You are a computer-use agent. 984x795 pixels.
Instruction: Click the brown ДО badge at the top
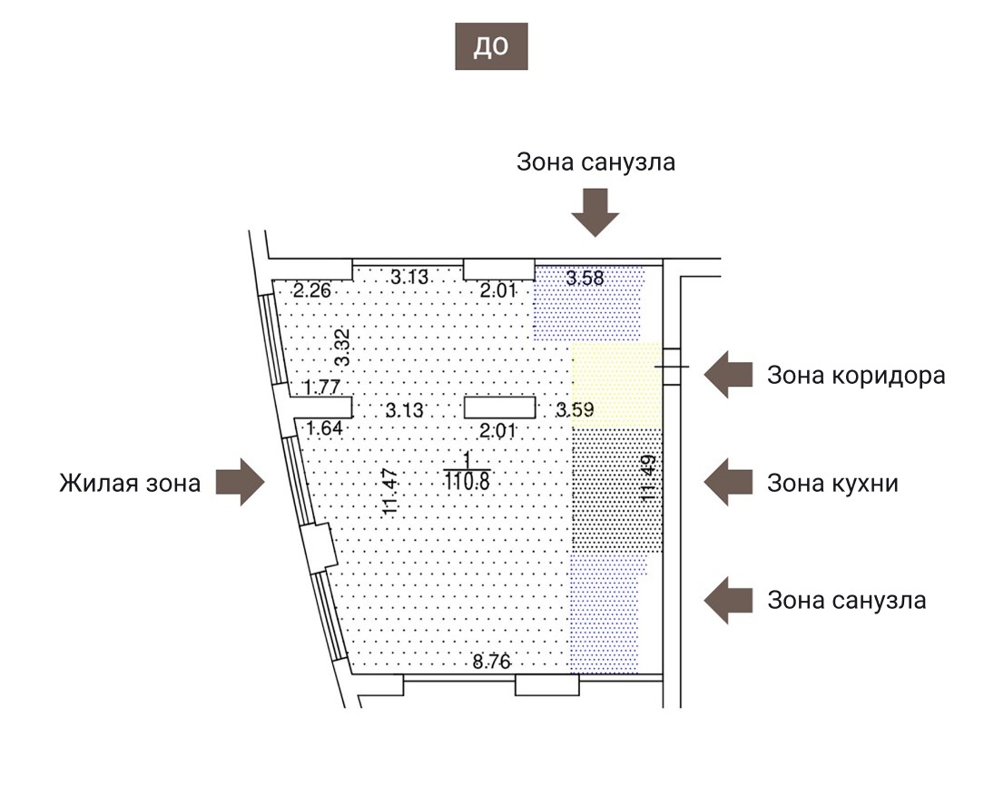[x=491, y=47]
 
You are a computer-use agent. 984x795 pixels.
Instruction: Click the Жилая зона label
[x=131, y=482]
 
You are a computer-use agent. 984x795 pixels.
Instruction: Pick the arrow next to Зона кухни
[x=730, y=482]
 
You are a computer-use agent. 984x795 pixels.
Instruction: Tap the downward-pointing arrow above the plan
[x=595, y=212]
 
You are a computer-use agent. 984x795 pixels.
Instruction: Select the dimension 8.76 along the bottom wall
[x=491, y=661]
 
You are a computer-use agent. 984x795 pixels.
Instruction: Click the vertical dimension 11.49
[x=649, y=478]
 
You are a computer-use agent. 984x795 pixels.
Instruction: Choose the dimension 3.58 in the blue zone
[x=585, y=278]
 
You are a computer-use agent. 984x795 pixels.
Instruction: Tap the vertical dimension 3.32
[x=342, y=347]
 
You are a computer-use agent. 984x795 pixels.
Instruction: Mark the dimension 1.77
[x=320, y=388]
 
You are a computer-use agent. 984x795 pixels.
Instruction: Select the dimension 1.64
[x=325, y=427]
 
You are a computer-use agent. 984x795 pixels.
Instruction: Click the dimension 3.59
[x=576, y=410]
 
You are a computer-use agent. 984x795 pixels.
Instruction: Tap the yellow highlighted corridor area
[x=617, y=386]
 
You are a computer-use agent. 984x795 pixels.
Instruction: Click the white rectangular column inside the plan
[x=499, y=409]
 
